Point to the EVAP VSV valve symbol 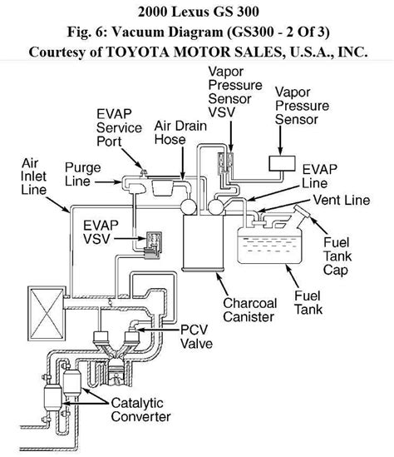tap(150, 241)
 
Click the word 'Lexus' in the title tap(185, 12)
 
